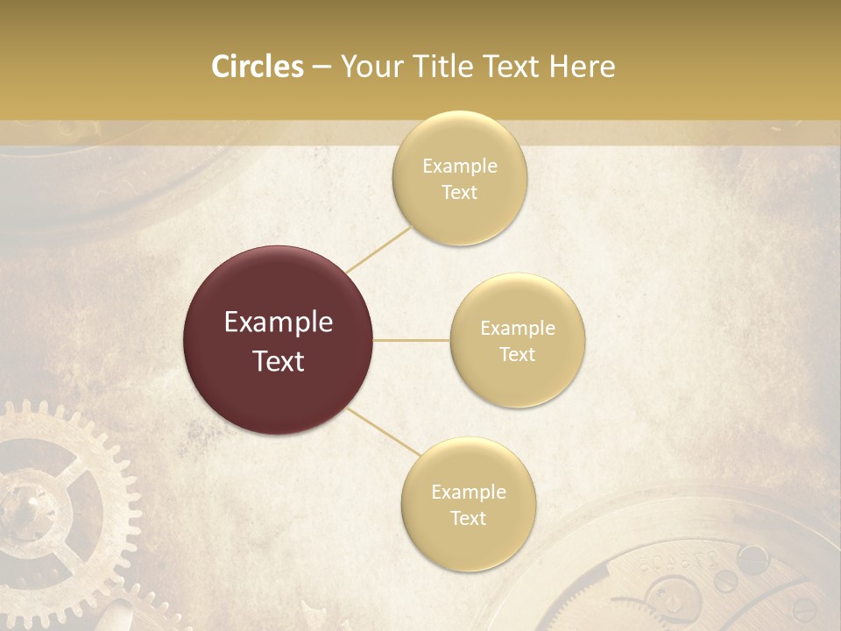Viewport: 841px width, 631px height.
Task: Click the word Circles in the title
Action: coord(258,67)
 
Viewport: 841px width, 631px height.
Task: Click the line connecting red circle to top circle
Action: coord(379,248)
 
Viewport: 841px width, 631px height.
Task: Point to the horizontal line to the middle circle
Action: coord(412,340)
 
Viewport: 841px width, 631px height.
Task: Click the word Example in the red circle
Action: coord(279,323)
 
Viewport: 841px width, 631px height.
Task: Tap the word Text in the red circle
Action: coord(279,361)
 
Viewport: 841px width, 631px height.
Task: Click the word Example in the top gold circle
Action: coord(459,166)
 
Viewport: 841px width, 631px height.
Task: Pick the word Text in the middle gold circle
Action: coord(517,354)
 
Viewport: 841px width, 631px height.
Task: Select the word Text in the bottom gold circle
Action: coord(468,518)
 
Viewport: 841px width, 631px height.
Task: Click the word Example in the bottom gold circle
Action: coord(468,492)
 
